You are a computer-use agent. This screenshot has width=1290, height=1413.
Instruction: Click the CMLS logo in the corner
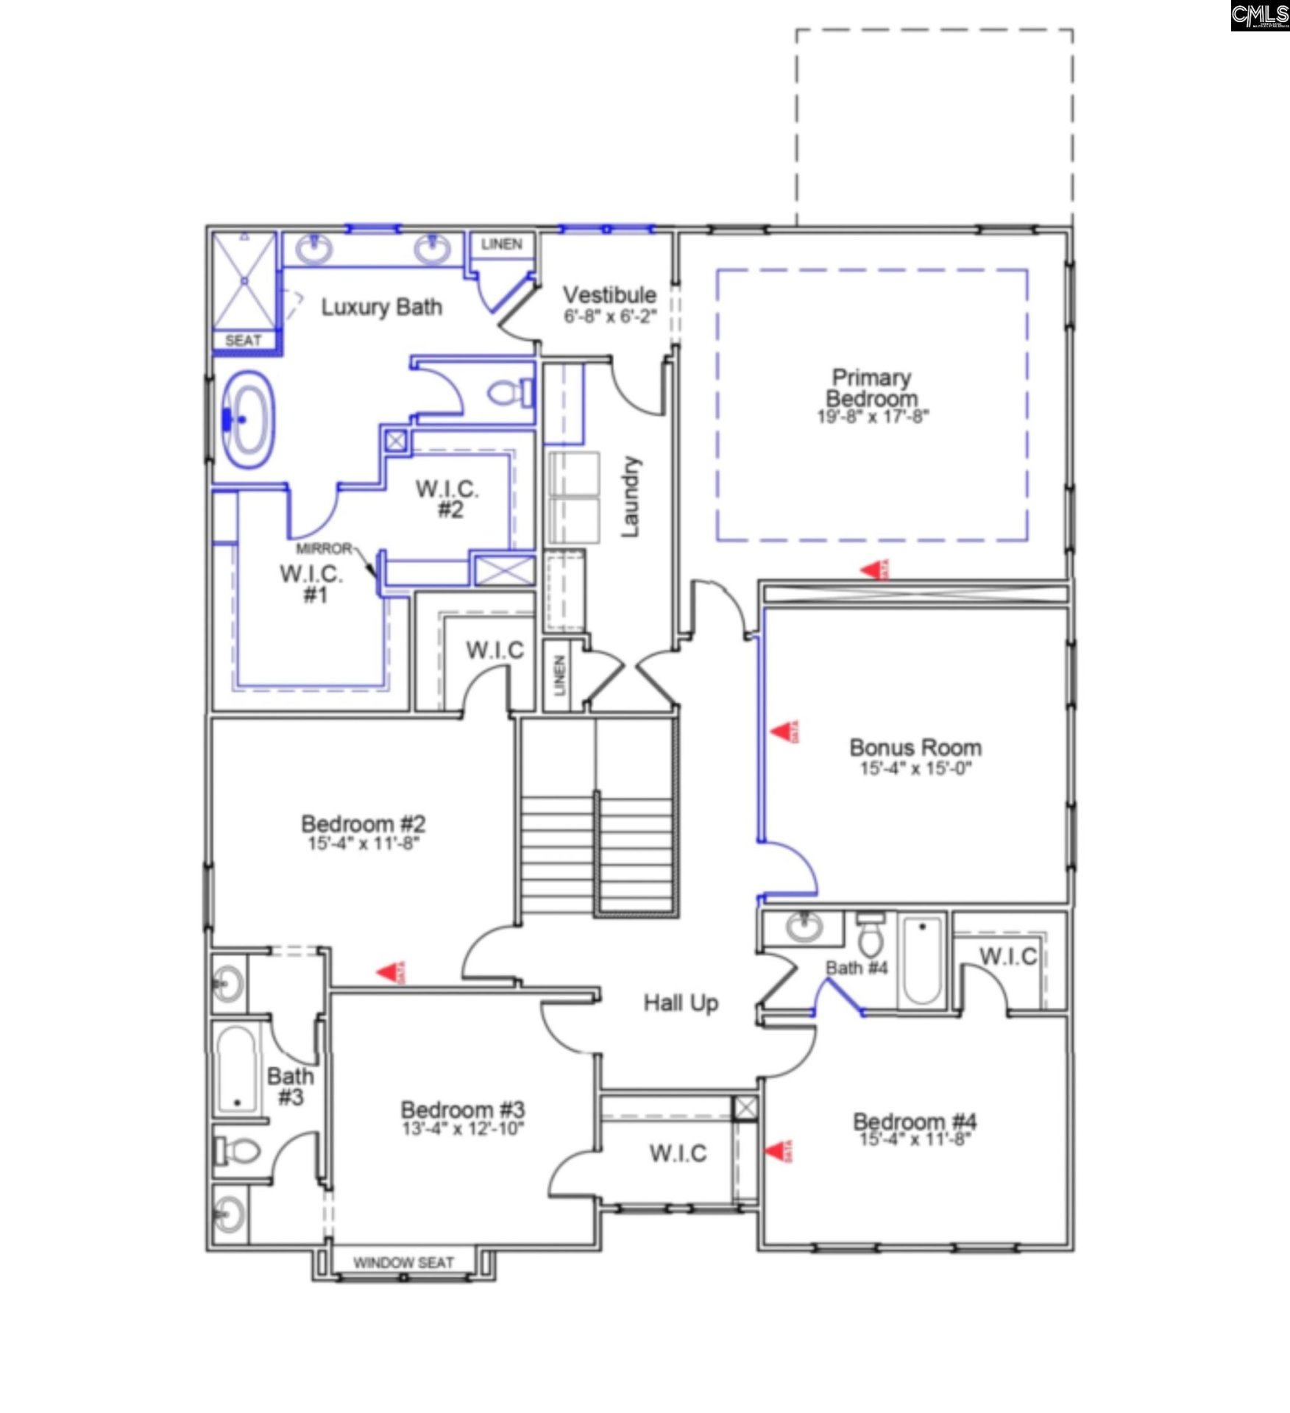pos(1260,15)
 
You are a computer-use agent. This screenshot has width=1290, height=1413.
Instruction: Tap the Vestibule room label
pos(609,295)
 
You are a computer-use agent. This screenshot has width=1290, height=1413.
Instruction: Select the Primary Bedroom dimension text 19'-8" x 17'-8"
pos(873,417)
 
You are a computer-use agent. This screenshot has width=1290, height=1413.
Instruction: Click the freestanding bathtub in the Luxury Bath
pos(248,420)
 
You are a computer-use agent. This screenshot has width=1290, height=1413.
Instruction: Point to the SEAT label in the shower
pos(243,341)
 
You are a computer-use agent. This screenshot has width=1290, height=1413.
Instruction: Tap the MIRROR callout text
pos(324,549)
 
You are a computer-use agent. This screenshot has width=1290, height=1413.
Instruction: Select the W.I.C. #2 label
pos(447,499)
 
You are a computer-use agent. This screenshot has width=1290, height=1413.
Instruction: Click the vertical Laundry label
pos(631,496)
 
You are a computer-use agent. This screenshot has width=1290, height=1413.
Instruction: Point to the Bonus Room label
pos(915,748)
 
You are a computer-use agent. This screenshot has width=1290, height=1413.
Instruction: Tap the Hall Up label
pos(681,1003)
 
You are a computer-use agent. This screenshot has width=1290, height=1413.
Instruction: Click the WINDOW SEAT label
pos(403,1263)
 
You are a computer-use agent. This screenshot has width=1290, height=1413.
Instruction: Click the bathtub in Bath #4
pos(922,960)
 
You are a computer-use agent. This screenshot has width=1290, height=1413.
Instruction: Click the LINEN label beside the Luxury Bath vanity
pos(502,244)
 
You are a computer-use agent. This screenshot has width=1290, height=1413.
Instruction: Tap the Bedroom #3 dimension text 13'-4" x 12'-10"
pos(463,1129)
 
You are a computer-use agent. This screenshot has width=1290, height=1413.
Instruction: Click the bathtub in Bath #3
pos(237,1069)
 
